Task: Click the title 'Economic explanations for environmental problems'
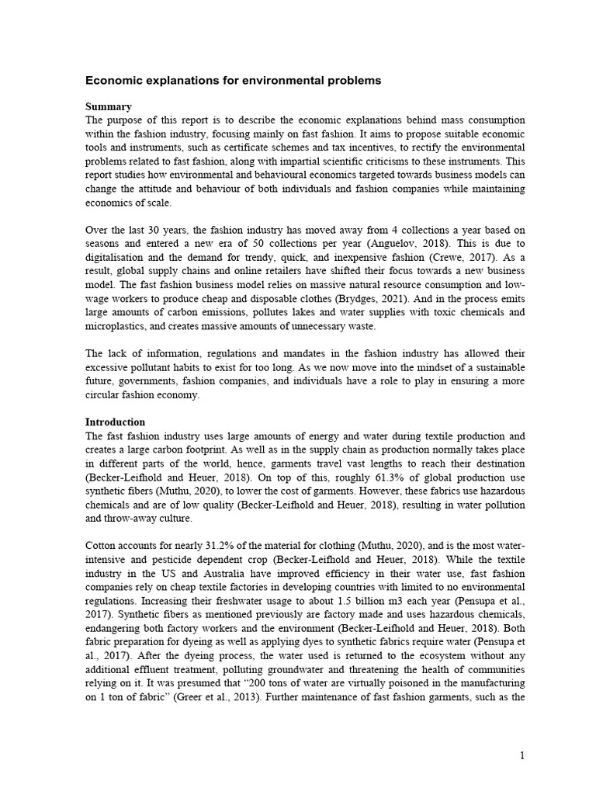[x=233, y=80]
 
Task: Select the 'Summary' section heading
[x=108, y=106]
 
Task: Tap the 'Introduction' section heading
[x=115, y=422]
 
